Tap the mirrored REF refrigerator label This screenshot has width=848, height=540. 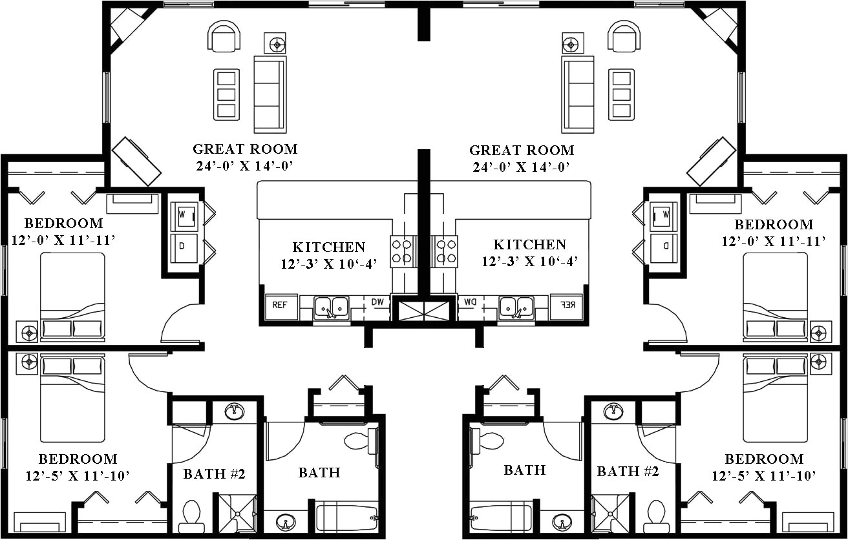[566, 304]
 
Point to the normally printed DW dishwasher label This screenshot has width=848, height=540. [377, 302]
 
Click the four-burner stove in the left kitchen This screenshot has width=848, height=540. [401, 251]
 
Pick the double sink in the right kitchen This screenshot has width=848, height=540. [516, 307]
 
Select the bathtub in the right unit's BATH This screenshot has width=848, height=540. [501, 517]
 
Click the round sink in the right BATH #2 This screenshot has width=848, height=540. [613, 411]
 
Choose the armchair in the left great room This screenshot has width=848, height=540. [224, 36]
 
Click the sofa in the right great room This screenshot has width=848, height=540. [578, 94]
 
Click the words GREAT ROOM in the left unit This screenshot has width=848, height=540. [245, 149]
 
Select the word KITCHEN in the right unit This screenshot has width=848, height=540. [529, 245]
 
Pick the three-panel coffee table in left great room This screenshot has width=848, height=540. [226, 94]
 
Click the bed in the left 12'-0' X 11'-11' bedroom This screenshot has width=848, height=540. [72, 295]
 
